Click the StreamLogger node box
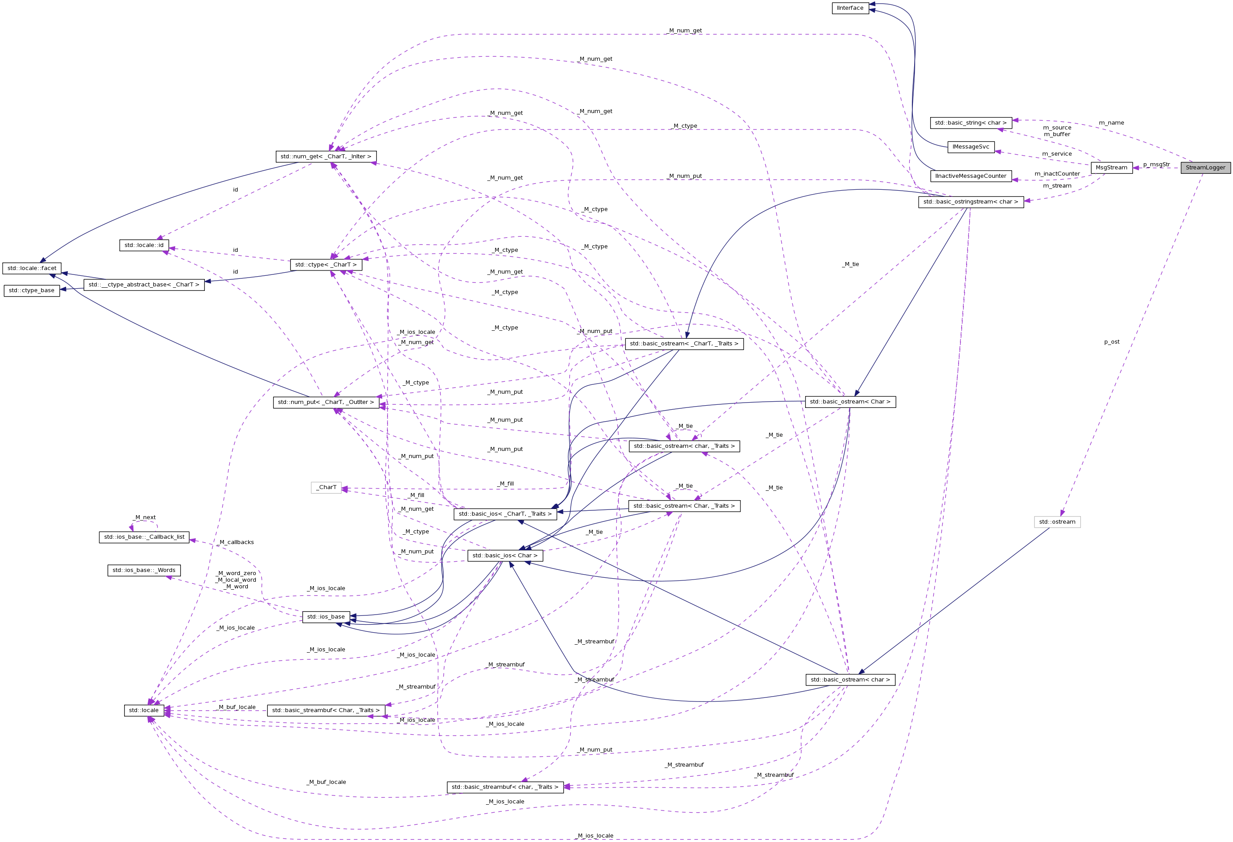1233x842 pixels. tap(1206, 168)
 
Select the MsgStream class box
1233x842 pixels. tap(1111, 168)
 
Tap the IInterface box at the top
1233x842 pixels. tap(850, 8)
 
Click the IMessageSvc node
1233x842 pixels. tap(971, 147)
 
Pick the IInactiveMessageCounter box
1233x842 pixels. tap(971, 176)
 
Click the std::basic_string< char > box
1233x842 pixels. tap(971, 123)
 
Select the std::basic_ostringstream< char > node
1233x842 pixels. tap(971, 202)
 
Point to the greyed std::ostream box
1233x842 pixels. tap(1057, 522)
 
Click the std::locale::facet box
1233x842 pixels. tap(32, 268)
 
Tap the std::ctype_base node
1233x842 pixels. tap(32, 291)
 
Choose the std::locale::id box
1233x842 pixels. tap(144, 246)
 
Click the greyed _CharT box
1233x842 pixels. tap(326, 488)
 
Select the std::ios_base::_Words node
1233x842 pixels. tap(144, 570)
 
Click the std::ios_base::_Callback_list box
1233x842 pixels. tap(144, 537)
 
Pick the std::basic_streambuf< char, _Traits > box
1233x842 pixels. tap(505, 787)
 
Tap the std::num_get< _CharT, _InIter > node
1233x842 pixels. tap(326, 157)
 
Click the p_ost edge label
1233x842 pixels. tap(1112, 342)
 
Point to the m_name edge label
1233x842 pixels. tap(1111, 123)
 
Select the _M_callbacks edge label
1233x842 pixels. tap(237, 542)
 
